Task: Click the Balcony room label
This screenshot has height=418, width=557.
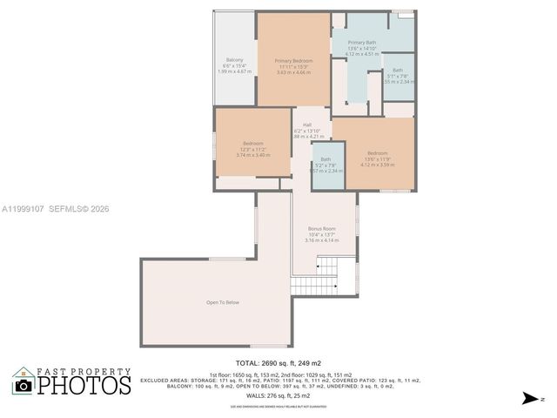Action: click(x=234, y=59)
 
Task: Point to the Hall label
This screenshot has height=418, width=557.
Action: click(x=308, y=125)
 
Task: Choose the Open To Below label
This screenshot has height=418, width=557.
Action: click(x=222, y=302)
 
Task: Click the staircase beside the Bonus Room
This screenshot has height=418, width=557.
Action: click(x=314, y=286)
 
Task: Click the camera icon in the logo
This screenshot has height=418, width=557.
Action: click(x=23, y=385)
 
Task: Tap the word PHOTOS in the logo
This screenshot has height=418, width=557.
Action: click(x=84, y=384)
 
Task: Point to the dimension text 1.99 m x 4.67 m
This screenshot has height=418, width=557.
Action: click(x=234, y=71)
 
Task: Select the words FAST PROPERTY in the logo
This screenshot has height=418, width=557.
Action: click(x=84, y=369)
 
